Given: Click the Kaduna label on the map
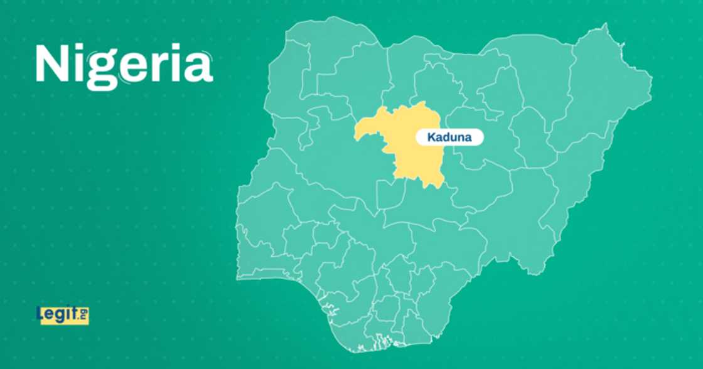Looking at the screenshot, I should [449, 137].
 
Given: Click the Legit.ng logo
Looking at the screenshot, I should [63, 315].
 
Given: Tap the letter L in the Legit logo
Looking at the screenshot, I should [41, 314].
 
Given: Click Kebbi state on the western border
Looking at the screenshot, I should [282, 126].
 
